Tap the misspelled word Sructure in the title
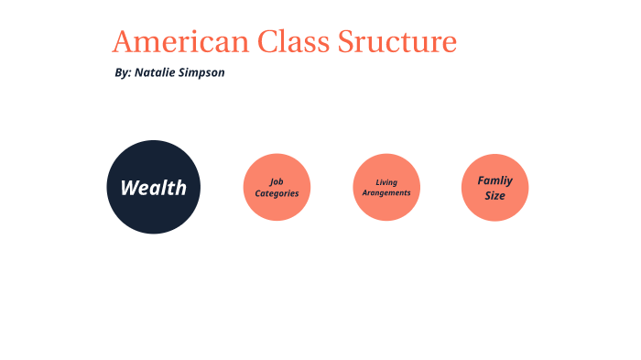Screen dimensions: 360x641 (x=397, y=42)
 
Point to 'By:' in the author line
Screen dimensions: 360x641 (x=123, y=72)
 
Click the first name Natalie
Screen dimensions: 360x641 (x=156, y=72)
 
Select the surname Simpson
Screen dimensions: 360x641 (x=202, y=73)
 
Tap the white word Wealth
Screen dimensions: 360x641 (x=153, y=188)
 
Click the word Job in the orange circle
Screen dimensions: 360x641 (x=277, y=181)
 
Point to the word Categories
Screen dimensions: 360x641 (x=277, y=193)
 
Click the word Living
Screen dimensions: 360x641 (x=386, y=181)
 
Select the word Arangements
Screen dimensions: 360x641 (x=386, y=193)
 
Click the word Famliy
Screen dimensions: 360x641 (x=494, y=180)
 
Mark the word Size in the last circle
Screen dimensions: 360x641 (x=494, y=195)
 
